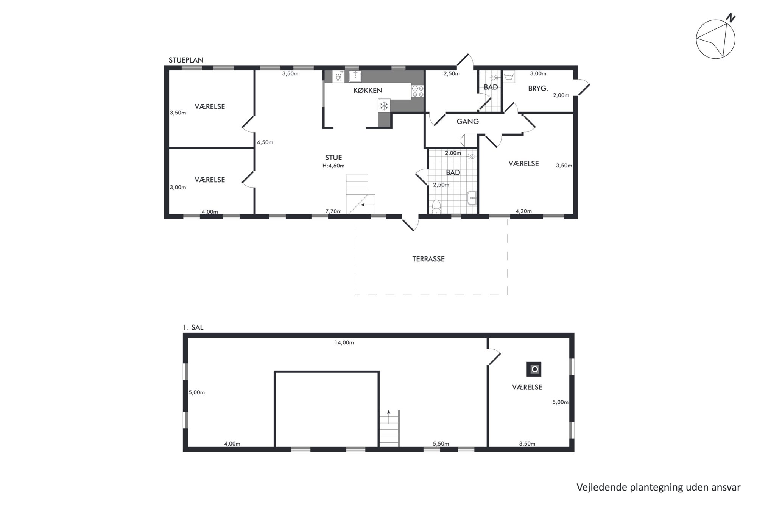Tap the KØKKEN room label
click(368, 91)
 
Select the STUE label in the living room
click(333, 158)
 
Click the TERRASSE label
click(428, 259)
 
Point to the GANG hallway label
click(468, 122)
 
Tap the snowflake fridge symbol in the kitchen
click(384, 106)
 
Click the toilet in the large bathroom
click(436, 206)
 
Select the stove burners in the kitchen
click(417, 91)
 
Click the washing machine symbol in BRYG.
click(509, 77)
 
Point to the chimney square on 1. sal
click(534, 369)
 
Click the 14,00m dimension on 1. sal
click(344, 343)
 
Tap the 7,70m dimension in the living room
click(333, 211)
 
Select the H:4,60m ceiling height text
click(333, 166)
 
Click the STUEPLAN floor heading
click(186, 60)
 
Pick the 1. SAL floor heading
click(193, 328)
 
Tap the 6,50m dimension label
click(265, 142)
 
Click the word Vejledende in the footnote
click(601, 487)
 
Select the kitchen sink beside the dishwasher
click(355, 77)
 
